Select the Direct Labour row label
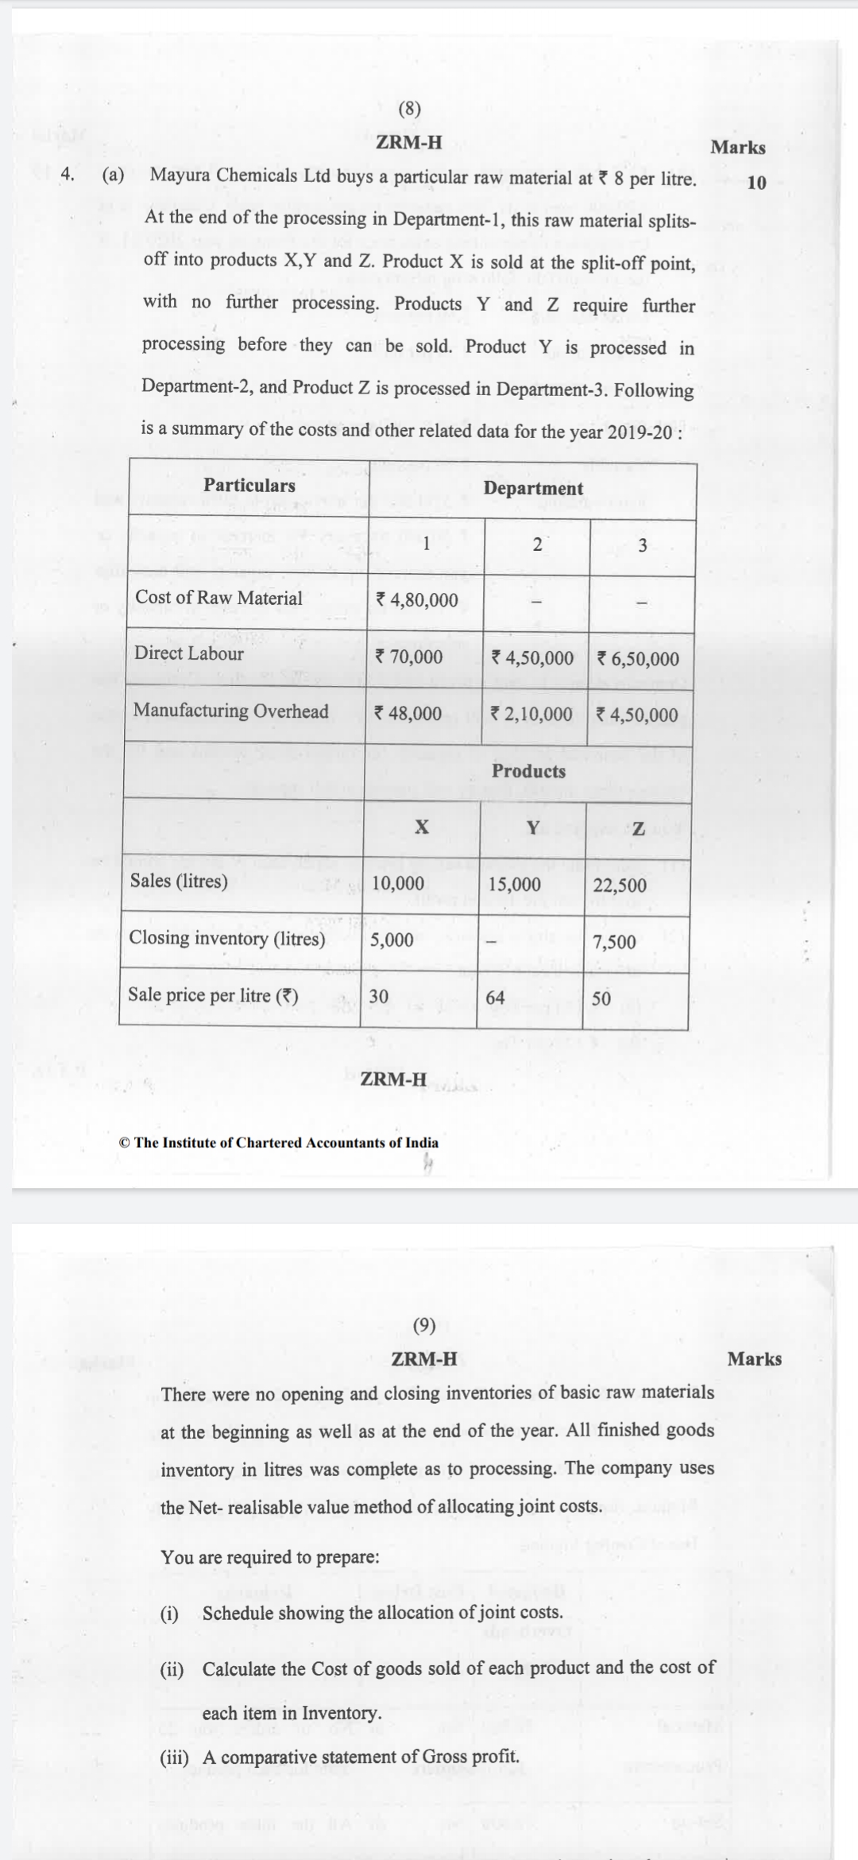click(x=189, y=653)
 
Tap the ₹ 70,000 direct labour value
click(x=408, y=657)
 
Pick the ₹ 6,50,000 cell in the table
click(x=638, y=659)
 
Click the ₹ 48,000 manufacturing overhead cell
click(x=408, y=714)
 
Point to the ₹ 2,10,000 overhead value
click(x=531, y=715)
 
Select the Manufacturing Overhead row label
click(x=230, y=711)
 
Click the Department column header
click(x=533, y=489)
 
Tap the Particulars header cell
click(x=249, y=486)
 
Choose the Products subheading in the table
click(x=528, y=771)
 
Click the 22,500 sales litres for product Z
click(x=620, y=885)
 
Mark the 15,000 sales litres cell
click(x=515, y=885)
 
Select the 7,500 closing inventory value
click(x=614, y=943)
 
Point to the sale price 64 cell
click(x=495, y=998)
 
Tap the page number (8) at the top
click(x=409, y=109)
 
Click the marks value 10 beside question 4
click(x=757, y=183)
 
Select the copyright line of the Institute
click(x=278, y=1143)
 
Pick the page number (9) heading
click(x=425, y=1325)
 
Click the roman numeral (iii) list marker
click(x=174, y=1757)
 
